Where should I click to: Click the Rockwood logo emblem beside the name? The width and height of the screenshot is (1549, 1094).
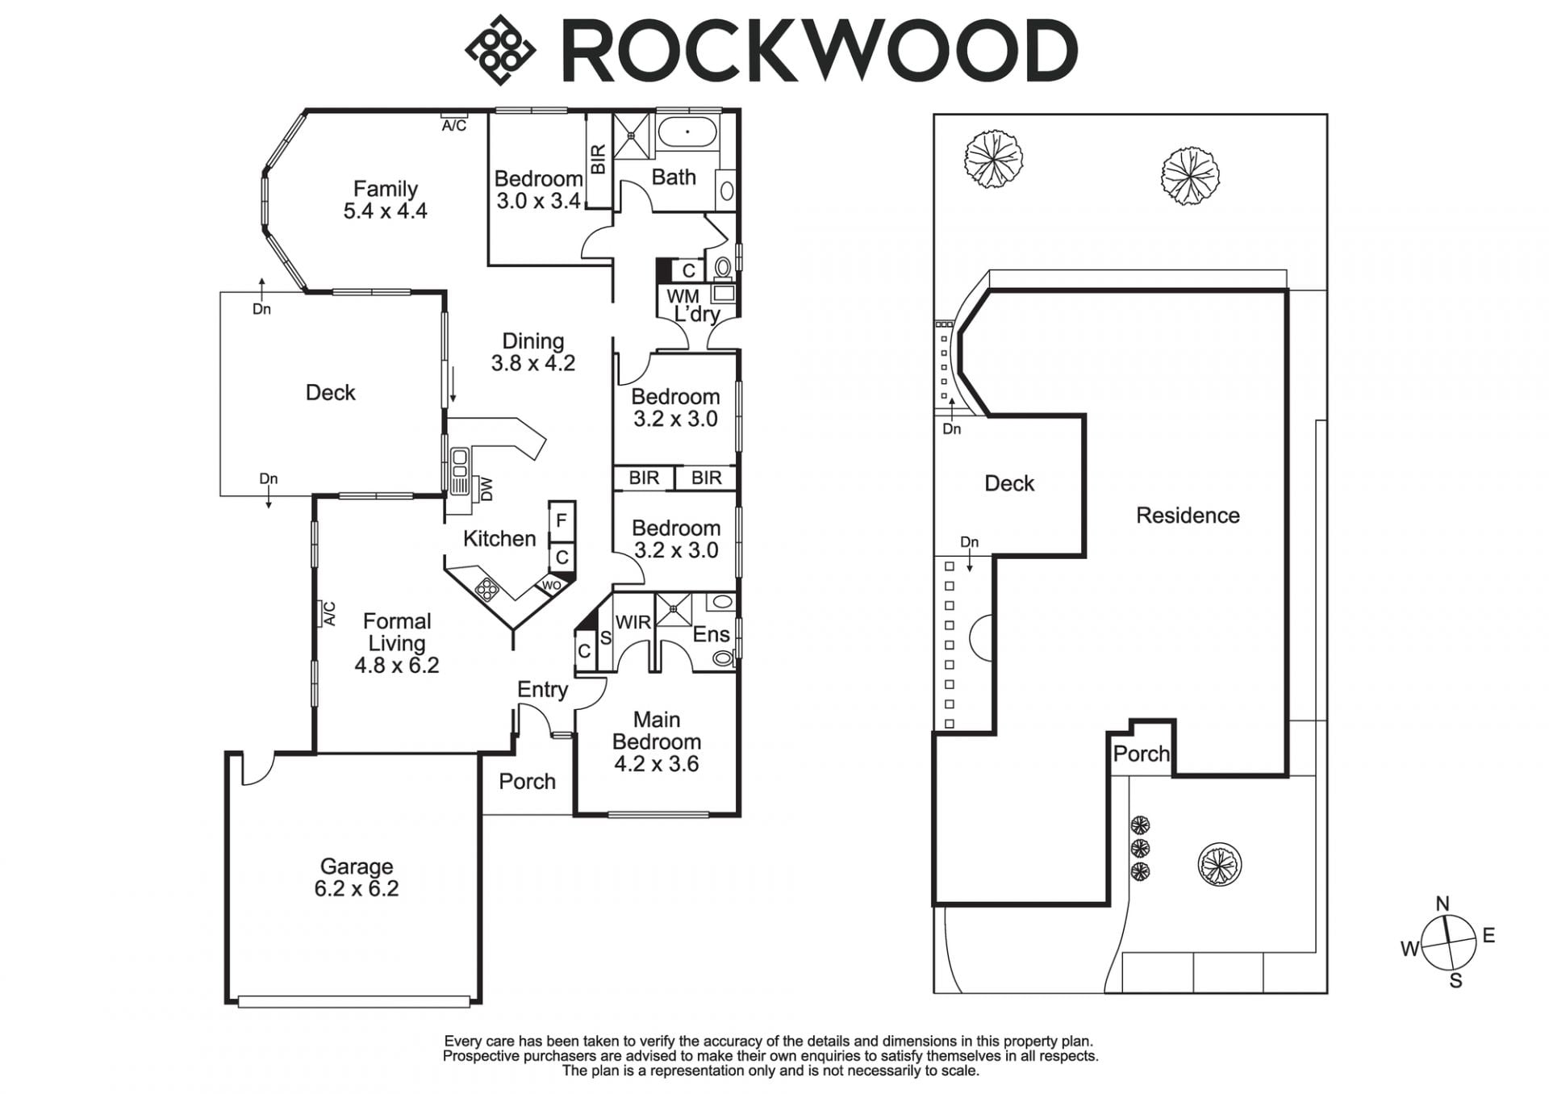[x=500, y=50]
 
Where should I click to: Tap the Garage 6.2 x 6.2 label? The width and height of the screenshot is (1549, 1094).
[x=357, y=878]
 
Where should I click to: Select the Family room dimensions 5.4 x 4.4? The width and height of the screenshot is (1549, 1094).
[x=385, y=211]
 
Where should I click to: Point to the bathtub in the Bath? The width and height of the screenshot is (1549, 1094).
[x=687, y=131]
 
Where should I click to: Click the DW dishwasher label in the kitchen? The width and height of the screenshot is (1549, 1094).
[x=486, y=489]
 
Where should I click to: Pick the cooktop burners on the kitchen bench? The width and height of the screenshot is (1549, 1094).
[x=487, y=590]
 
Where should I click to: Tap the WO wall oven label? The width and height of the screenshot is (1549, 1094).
[x=551, y=586]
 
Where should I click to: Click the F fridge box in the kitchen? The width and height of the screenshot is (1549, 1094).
[x=562, y=521]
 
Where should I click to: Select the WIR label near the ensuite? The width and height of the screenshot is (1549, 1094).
[x=633, y=622]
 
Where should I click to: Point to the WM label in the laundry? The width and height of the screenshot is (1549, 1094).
[x=683, y=297]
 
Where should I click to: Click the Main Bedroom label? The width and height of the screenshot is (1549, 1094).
[x=656, y=731]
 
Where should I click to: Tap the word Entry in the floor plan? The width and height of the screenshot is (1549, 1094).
[x=542, y=690]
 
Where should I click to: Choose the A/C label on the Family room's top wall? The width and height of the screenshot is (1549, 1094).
[x=454, y=126]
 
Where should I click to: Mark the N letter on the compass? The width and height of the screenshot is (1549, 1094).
[x=1443, y=904]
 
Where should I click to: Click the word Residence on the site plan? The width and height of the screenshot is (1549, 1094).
[x=1188, y=516]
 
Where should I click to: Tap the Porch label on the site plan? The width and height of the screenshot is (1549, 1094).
[x=1141, y=754]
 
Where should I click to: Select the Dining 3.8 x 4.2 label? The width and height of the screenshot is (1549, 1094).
[x=533, y=353]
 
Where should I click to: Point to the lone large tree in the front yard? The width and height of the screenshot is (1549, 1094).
[x=1219, y=864]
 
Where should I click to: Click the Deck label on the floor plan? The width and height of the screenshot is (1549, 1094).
[x=330, y=393]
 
